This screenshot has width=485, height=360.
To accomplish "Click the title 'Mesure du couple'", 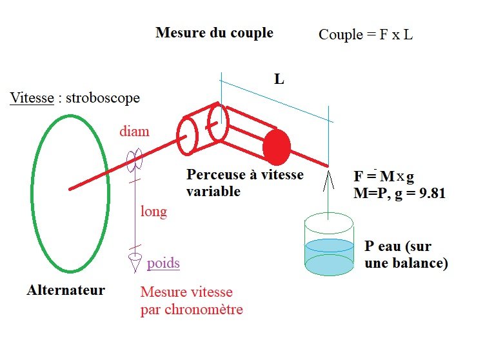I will [214, 32].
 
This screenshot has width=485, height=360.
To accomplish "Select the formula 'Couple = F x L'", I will [366, 35].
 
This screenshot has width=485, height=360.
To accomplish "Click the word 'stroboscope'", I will [101, 99].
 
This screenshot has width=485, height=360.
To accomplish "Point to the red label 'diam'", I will [134, 132].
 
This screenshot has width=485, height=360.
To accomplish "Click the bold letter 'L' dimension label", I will [279, 79].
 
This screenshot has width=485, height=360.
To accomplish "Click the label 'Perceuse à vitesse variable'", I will [244, 183].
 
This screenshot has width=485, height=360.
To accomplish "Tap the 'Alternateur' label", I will [66, 290].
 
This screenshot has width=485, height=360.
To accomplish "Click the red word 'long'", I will [153, 212].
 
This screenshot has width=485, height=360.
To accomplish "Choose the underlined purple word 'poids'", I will [163, 263].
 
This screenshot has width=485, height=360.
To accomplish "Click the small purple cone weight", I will [135, 262].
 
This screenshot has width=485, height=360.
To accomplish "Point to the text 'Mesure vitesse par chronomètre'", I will [192, 301].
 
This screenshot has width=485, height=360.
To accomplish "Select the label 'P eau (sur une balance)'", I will [406, 254].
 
